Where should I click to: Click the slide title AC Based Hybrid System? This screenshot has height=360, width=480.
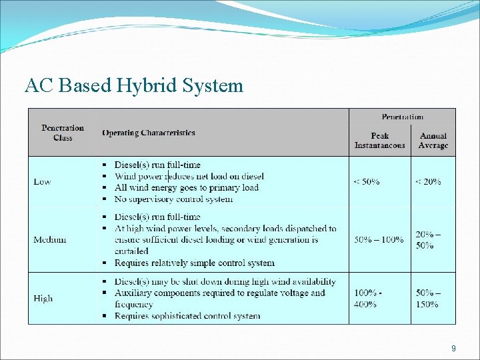[134, 86]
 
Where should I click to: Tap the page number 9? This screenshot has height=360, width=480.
[453, 348]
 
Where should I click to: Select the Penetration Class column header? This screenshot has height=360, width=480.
[63, 133]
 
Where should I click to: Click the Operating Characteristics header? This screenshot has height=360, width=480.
[149, 133]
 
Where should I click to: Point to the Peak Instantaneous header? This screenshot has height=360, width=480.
[379, 141]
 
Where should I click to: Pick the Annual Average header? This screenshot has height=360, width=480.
[433, 141]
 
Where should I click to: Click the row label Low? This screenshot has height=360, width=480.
[42, 181]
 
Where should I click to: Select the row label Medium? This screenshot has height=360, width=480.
[50, 239]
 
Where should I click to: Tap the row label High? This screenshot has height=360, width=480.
[43, 298]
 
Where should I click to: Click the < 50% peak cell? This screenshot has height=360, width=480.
[367, 181]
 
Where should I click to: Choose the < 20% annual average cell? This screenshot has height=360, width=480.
[428, 181]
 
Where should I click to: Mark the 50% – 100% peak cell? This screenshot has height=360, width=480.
[379, 239]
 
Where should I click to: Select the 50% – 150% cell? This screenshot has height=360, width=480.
[428, 298]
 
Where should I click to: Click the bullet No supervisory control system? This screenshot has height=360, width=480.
[173, 199]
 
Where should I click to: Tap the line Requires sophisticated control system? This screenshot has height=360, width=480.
[187, 315]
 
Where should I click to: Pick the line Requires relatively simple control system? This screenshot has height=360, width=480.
[194, 263]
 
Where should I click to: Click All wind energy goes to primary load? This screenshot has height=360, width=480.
[186, 187]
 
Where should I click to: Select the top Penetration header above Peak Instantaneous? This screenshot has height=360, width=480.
[402, 117]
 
